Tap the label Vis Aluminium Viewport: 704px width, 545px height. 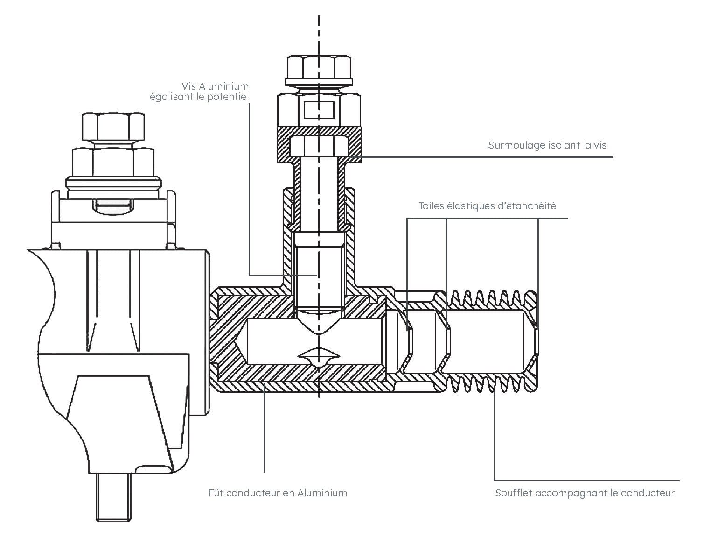tap(215, 86)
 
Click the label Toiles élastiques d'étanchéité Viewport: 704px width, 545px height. tap(487, 206)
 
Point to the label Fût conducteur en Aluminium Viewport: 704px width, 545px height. tap(278, 493)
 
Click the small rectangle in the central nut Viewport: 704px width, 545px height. tap(319, 110)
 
